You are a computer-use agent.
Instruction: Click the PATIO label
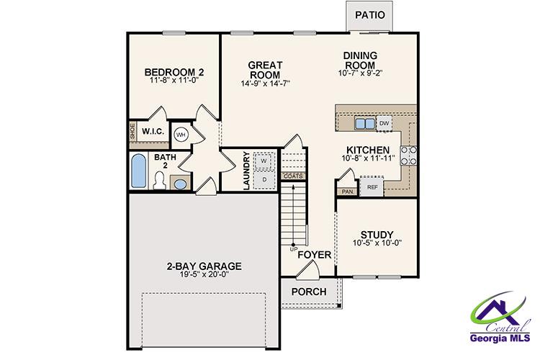370,14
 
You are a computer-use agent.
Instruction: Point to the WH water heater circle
181,135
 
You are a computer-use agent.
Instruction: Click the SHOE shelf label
132,132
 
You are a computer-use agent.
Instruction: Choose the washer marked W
264,160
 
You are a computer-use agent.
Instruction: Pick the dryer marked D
264,178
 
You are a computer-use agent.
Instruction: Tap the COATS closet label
292,176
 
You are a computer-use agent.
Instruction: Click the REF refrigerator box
372,187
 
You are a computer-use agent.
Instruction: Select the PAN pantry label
347,192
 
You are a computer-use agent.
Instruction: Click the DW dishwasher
384,124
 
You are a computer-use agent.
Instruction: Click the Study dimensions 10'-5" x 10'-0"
377,243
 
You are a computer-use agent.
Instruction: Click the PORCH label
308,292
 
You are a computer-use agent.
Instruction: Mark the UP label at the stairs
293,249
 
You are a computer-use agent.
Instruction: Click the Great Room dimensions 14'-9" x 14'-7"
266,84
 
